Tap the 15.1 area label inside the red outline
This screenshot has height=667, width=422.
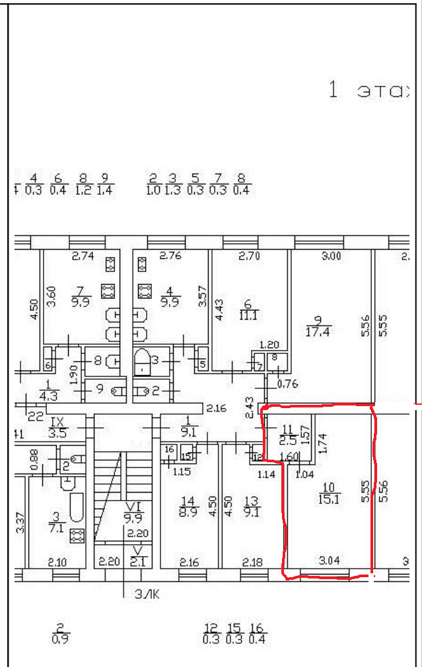pyautogui.click(x=330, y=500)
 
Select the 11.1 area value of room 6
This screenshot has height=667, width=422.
pyautogui.click(x=249, y=316)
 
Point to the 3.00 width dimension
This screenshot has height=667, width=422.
pyautogui.click(x=332, y=256)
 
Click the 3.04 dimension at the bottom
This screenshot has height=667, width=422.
pyautogui.click(x=329, y=561)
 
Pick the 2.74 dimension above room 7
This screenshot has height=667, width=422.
pyautogui.click(x=83, y=256)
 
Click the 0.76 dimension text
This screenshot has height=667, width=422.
pyautogui.click(x=287, y=384)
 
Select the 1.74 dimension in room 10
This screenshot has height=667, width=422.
pyautogui.click(x=322, y=442)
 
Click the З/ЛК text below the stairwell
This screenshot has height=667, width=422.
pyautogui.click(x=147, y=594)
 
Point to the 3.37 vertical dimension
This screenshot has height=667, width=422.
pyautogui.click(x=20, y=523)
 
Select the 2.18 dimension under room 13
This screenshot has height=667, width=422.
pyautogui.click(x=253, y=562)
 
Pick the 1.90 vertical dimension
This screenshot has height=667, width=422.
pyautogui.click(x=74, y=376)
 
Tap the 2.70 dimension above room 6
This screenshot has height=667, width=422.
pyautogui.click(x=250, y=256)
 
